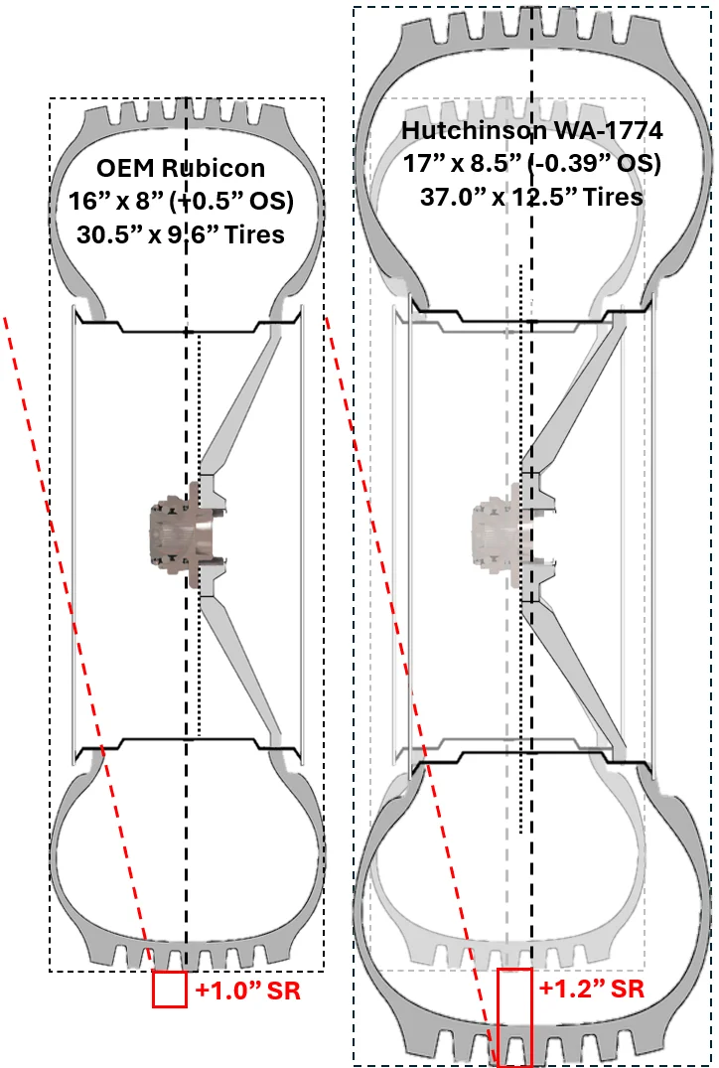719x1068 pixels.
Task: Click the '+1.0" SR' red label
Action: coord(248,990)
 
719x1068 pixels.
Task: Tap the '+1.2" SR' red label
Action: coord(592,988)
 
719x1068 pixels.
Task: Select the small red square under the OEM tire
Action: coord(170,989)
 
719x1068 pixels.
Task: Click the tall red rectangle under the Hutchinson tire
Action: coord(514,1017)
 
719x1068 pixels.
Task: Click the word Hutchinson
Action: coord(474,129)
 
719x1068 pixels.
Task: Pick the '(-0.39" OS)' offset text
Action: coord(595,164)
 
